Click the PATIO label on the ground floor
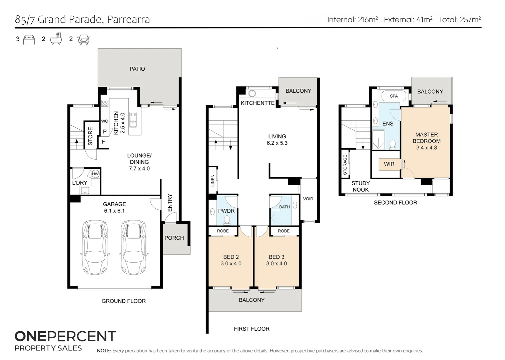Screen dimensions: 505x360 point(137,69)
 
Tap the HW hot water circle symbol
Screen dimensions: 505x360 point(95,174)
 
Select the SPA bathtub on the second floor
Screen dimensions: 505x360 point(394,96)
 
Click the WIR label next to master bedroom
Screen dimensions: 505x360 point(389,164)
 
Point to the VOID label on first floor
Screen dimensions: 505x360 point(308,199)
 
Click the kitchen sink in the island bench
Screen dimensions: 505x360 point(133,119)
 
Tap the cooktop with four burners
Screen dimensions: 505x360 point(105,103)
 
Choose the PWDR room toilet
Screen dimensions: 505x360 point(226,220)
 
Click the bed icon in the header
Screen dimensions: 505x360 point(29,39)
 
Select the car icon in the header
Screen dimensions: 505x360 point(84,39)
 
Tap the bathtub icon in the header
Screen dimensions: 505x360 point(56,38)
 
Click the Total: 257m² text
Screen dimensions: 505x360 point(460,20)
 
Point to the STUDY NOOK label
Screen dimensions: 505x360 point(361,186)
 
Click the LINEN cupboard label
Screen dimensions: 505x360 point(212,180)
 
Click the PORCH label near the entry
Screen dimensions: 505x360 point(174,238)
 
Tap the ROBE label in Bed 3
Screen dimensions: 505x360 point(284,231)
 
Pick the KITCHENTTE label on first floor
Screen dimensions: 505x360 point(258,103)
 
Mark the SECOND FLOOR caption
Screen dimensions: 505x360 point(396,203)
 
